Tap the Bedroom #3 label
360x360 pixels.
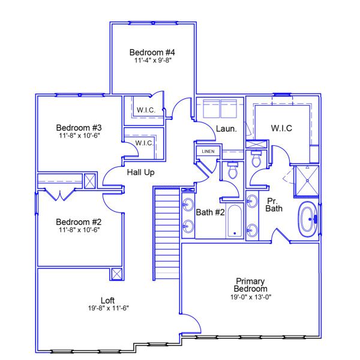coord(79,127)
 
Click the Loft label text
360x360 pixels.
coord(108,300)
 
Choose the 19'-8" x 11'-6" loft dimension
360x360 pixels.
coord(108,308)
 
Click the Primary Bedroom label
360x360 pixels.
coord(250,284)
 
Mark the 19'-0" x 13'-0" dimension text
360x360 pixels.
coord(250,296)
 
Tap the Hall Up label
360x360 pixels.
coord(142,173)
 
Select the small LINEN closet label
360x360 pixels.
coord(208,151)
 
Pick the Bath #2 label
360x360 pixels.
coord(210,211)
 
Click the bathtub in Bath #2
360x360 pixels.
coord(233,221)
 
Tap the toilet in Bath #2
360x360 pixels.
coord(232,170)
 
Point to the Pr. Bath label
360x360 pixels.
coord(274,205)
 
